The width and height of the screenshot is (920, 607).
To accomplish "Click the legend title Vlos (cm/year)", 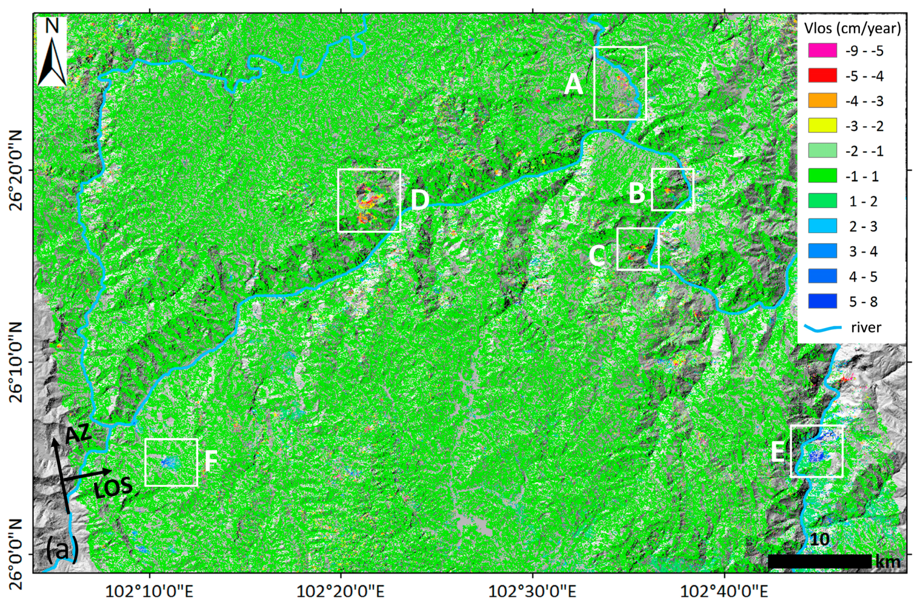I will click(x=852, y=28).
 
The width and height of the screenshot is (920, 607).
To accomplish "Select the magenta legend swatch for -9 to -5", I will click(x=822, y=50).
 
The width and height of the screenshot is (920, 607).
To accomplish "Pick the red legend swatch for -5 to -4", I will click(x=822, y=75).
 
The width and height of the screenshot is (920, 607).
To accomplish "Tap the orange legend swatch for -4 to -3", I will click(x=822, y=101).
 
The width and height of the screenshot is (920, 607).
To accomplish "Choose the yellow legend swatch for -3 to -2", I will click(x=822, y=126).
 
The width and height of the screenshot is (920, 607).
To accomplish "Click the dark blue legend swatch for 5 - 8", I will click(x=822, y=301).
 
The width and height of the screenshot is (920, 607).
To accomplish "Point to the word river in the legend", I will click(x=866, y=327).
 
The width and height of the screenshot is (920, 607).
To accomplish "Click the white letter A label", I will click(x=574, y=84).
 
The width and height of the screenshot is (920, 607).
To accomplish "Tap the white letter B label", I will click(x=637, y=193).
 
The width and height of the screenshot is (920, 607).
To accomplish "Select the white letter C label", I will click(x=597, y=256).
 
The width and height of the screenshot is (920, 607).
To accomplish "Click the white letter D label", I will click(x=420, y=200).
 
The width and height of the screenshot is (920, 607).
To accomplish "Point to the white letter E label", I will click(x=778, y=452).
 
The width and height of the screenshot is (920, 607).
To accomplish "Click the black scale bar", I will click(x=819, y=561).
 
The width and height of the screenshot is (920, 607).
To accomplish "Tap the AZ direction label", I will click(x=78, y=435).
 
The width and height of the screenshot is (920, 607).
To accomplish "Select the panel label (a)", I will click(x=62, y=550).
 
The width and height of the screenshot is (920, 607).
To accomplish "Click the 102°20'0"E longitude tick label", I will click(x=340, y=592).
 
